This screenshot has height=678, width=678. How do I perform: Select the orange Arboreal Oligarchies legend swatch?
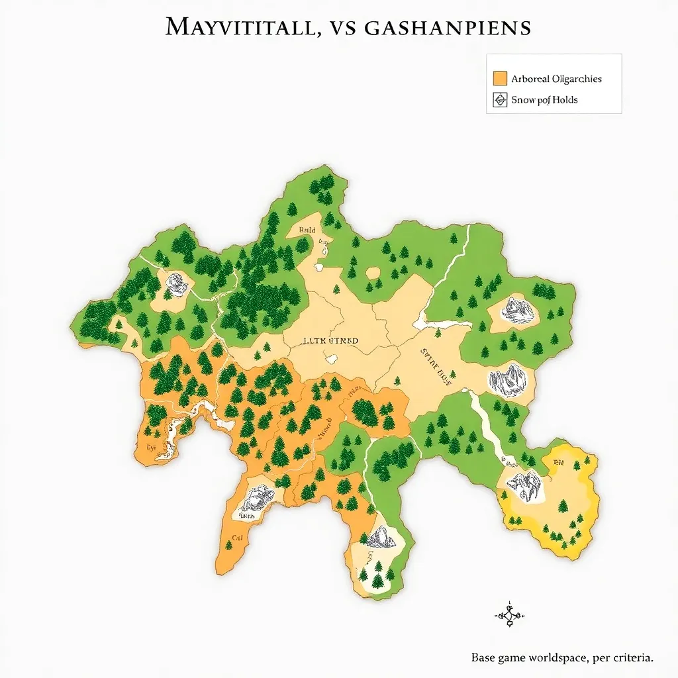[x=500, y=78]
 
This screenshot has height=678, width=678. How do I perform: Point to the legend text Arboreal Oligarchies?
[x=556, y=78]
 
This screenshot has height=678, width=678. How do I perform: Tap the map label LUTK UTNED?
[x=330, y=341]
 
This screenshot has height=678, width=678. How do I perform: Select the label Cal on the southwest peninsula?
[x=237, y=538]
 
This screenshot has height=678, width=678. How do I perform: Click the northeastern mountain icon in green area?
[x=516, y=309]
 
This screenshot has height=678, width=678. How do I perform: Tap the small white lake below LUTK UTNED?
[x=331, y=360]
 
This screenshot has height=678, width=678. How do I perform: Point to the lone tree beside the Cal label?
[x=228, y=545]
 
